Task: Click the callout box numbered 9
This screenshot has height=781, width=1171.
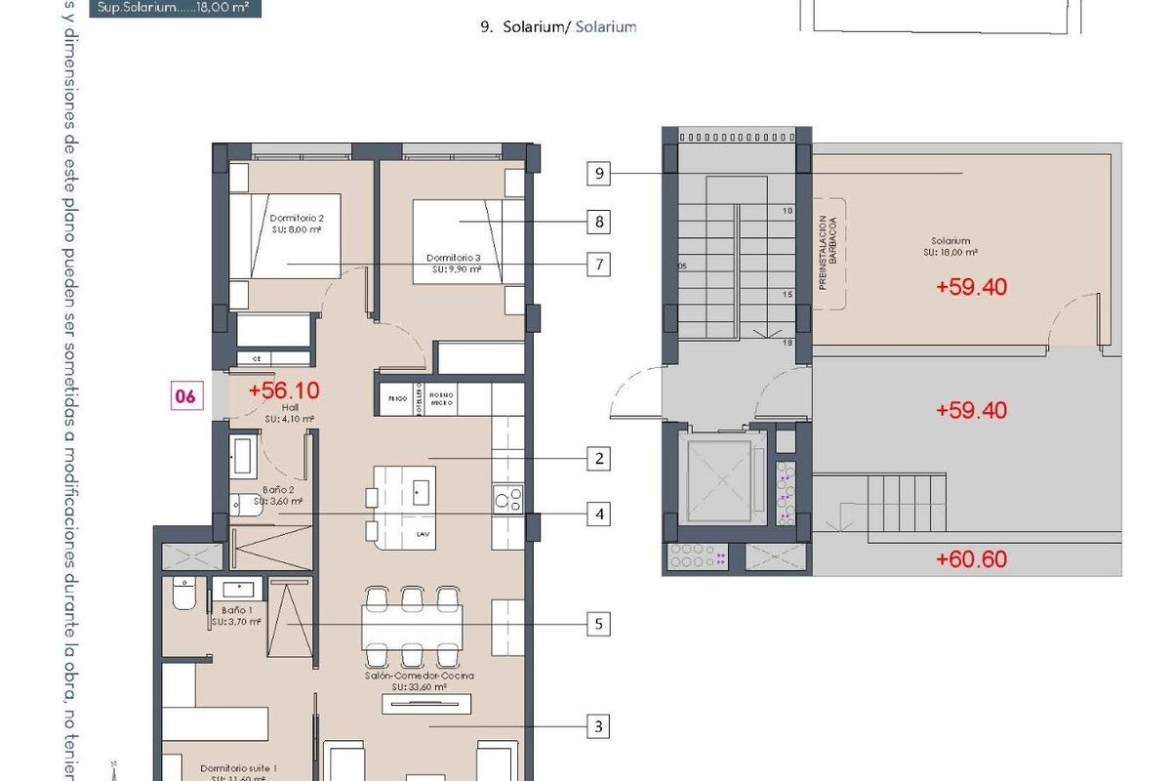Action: click(600, 175)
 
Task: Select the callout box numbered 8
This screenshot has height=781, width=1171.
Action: click(598, 222)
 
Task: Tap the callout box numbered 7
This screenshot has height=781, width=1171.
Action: click(598, 265)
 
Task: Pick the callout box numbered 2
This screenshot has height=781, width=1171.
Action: click(598, 458)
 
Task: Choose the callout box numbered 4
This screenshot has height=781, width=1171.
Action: click(598, 514)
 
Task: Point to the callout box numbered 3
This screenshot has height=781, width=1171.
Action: click(598, 726)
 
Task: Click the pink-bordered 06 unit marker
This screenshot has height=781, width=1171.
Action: click(184, 396)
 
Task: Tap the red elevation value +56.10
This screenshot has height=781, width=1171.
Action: click(284, 390)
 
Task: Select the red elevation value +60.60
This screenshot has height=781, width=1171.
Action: click(970, 559)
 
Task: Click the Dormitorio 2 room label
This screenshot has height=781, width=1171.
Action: click(297, 224)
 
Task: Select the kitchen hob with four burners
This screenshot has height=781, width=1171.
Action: click(507, 497)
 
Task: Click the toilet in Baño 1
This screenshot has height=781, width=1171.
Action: click(182, 595)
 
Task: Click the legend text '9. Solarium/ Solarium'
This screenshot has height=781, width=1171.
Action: click(558, 27)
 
